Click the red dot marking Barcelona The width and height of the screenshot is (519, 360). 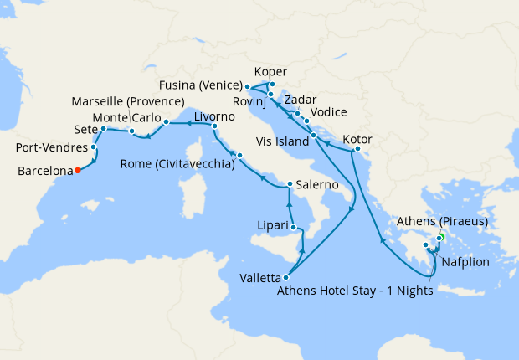coord(77,170)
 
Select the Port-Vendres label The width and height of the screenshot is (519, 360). coord(52,148)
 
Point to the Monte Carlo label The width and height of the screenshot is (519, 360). coord(126,117)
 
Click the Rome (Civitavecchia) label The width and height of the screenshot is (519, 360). coord(177,163)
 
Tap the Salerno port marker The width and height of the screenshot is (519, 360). coord(288,184)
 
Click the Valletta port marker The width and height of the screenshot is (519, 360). coord(286,277)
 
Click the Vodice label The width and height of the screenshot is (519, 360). coord(328,113)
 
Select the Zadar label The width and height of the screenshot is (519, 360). coord(301,100)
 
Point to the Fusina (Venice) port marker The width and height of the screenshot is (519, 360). coord(246,85)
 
